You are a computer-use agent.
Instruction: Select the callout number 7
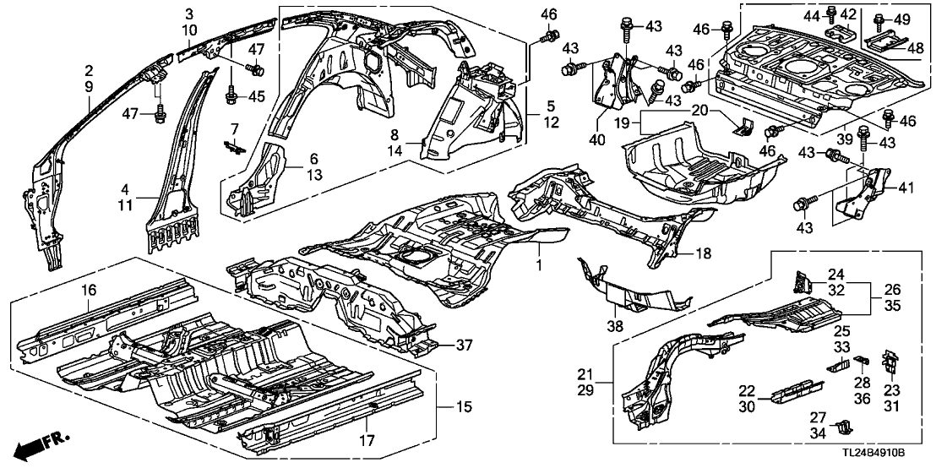coord(236,127)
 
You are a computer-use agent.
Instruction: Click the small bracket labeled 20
coord(743,127)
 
